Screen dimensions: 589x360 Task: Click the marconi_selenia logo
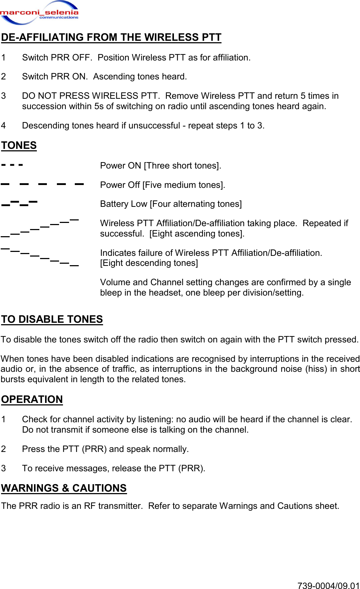[39, 13]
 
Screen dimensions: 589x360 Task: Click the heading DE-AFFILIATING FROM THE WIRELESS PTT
[111, 38]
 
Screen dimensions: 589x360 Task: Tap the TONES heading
[19, 146]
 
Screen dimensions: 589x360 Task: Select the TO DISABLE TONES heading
[52, 319]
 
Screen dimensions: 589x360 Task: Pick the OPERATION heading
[32, 399]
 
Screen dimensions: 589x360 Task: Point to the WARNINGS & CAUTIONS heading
[64, 488]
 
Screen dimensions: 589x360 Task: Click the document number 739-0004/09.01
[328, 585]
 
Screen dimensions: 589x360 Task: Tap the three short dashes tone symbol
[12, 165]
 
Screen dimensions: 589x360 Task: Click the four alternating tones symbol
[19, 203]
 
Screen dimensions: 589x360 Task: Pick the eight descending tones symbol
[39, 256]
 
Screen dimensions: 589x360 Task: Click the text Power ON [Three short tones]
[161, 166]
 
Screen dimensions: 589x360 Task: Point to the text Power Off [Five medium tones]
[162, 185]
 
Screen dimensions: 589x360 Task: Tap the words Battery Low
[123, 204]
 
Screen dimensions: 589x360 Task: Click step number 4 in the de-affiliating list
[4, 126]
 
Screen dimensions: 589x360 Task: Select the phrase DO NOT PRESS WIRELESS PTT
[91, 96]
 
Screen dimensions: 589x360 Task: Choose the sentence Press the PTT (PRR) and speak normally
[105, 449]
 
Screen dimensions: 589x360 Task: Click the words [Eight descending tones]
[149, 263]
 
